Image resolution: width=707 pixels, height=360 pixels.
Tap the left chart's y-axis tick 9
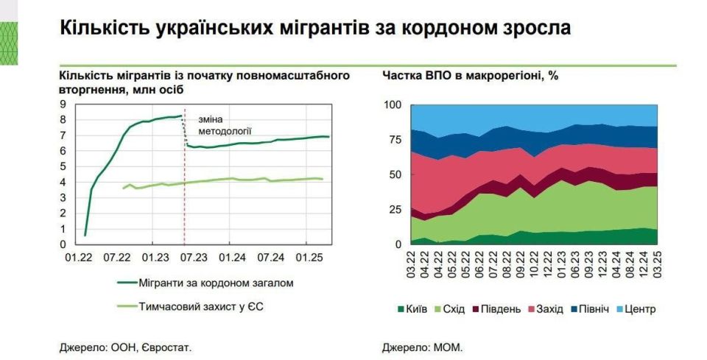(x=64, y=105)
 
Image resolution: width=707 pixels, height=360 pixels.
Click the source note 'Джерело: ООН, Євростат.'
(x=125, y=346)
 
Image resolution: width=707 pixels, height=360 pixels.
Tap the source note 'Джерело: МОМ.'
(x=423, y=346)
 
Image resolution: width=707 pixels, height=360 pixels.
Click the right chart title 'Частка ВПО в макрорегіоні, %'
(x=471, y=76)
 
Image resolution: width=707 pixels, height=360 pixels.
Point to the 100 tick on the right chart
(x=393, y=105)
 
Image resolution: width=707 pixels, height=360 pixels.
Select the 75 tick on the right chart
(x=395, y=140)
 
